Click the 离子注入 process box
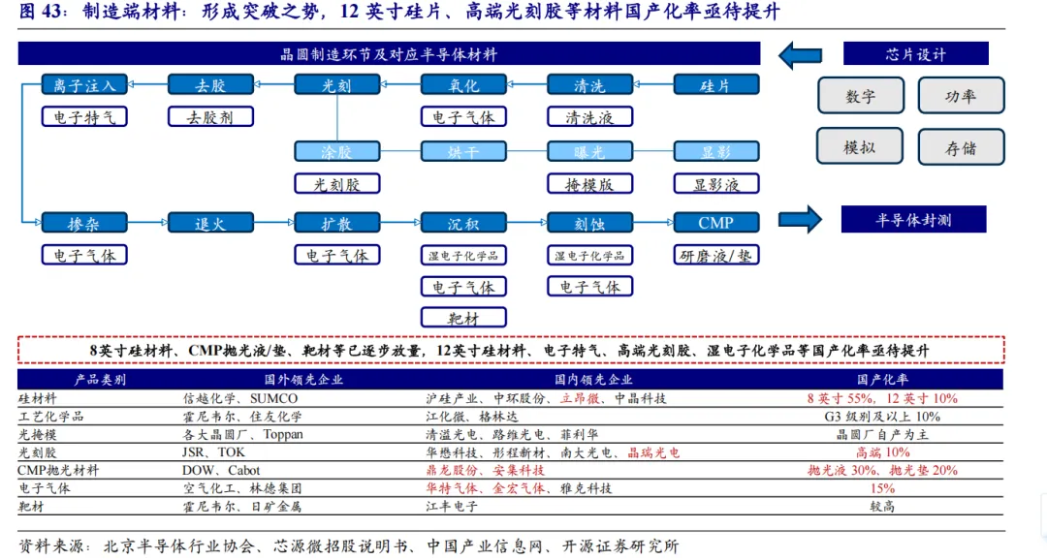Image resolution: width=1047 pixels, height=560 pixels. pyautogui.click(x=84, y=85)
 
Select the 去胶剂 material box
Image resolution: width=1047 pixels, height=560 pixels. pyautogui.click(x=210, y=117)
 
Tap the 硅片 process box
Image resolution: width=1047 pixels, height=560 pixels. pyautogui.click(x=715, y=85)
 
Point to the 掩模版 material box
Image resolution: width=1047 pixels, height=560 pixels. pyautogui.click(x=589, y=183)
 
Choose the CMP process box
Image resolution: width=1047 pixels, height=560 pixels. pyautogui.click(x=715, y=223)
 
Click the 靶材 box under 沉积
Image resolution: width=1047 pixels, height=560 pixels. pyautogui.click(x=463, y=317)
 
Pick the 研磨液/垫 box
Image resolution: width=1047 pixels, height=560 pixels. pyautogui.click(x=715, y=255)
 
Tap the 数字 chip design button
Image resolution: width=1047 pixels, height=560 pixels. pyautogui.click(x=860, y=96)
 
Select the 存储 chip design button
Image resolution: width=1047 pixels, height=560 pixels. pyautogui.click(x=961, y=147)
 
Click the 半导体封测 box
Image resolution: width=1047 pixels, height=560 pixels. pyautogui.click(x=913, y=220)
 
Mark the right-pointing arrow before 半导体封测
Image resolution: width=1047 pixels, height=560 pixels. pyautogui.click(x=801, y=220)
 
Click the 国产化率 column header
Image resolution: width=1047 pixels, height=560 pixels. pyautogui.click(x=882, y=380)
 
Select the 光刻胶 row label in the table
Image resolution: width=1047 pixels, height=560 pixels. pyautogui.click(x=38, y=452)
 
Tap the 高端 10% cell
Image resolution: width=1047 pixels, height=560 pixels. pyautogui.click(x=882, y=452)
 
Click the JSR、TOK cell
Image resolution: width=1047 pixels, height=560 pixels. pyautogui.click(x=213, y=452)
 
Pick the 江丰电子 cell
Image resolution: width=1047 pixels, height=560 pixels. pyautogui.click(x=452, y=506)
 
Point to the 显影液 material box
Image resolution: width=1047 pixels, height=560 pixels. pyautogui.click(x=715, y=183)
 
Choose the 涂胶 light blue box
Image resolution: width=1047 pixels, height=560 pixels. pyautogui.click(x=336, y=151)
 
